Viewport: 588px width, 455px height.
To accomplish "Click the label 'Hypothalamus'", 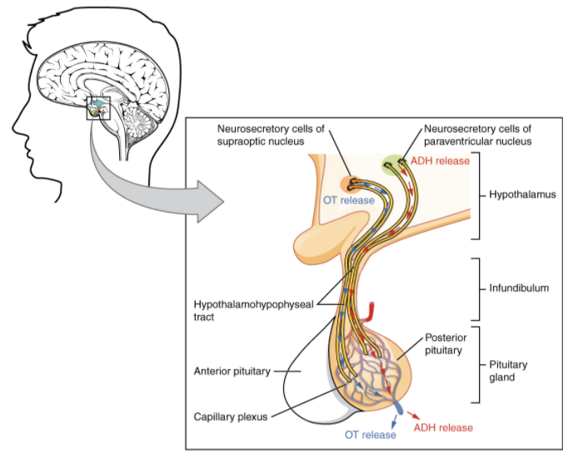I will coord(523,194).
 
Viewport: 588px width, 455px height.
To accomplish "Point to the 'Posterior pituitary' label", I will coord(446,344).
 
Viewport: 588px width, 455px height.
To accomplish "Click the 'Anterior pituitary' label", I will coord(232,371).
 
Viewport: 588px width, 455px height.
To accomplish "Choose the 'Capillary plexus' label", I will coord(231,417).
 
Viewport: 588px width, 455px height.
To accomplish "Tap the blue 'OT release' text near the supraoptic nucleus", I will coord(349,201).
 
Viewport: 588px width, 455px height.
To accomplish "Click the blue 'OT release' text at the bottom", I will coord(371,436).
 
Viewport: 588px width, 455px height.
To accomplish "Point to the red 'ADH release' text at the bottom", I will coord(443,427).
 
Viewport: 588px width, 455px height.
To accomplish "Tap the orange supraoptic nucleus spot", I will coord(351,182).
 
